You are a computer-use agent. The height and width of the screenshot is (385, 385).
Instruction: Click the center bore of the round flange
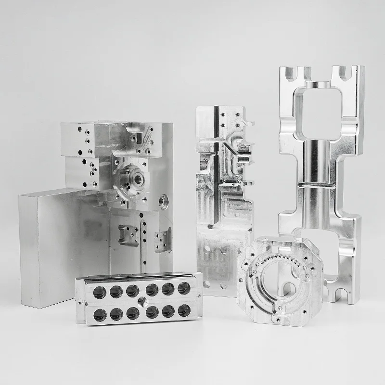click(x=139, y=180)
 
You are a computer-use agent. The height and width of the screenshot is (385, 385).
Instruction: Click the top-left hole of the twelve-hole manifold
click(x=100, y=291)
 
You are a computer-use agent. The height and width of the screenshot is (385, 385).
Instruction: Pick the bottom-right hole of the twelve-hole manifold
click(x=184, y=310)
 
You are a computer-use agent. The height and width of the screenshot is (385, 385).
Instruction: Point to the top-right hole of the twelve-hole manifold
click(x=183, y=288)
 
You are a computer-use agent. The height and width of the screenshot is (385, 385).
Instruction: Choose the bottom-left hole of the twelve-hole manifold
click(x=100, y=315)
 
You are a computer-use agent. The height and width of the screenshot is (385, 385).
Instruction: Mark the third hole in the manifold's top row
click(x=133, y=290)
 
